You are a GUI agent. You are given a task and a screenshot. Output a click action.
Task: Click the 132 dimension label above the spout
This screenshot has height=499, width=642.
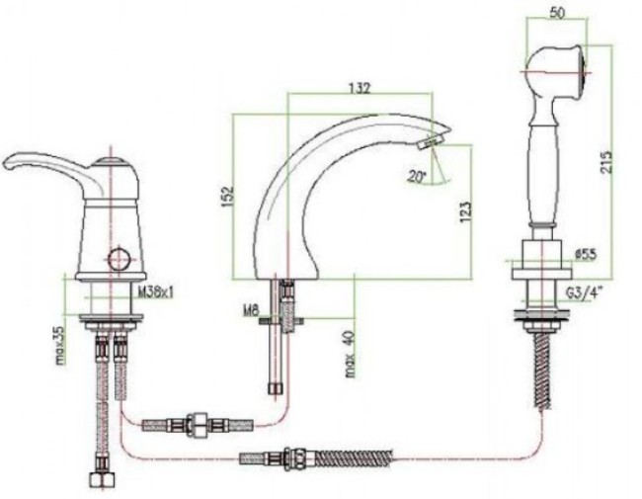pos(360,88)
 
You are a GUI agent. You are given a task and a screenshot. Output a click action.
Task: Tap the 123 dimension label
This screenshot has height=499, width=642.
pos(465,211)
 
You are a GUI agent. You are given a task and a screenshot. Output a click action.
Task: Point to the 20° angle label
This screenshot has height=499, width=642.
pos(417,177)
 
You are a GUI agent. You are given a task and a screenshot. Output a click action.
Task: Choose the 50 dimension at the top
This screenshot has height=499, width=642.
pos(557,13)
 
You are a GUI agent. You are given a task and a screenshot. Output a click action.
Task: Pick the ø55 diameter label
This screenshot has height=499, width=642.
pos(585,255)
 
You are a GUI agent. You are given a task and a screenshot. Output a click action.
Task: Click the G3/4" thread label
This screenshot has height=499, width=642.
pos(586,293)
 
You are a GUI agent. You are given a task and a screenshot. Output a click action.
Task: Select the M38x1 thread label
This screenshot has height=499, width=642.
pos(156,292)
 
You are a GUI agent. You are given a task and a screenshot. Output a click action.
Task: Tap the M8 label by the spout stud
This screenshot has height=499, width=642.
pos(252,311)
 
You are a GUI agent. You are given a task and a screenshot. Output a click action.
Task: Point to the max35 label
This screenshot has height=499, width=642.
pos(61,345)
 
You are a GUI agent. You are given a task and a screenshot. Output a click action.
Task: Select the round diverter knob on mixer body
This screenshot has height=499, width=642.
pos(120,259)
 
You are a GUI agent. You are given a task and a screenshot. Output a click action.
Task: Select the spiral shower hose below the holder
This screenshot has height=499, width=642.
pos(544,370)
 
